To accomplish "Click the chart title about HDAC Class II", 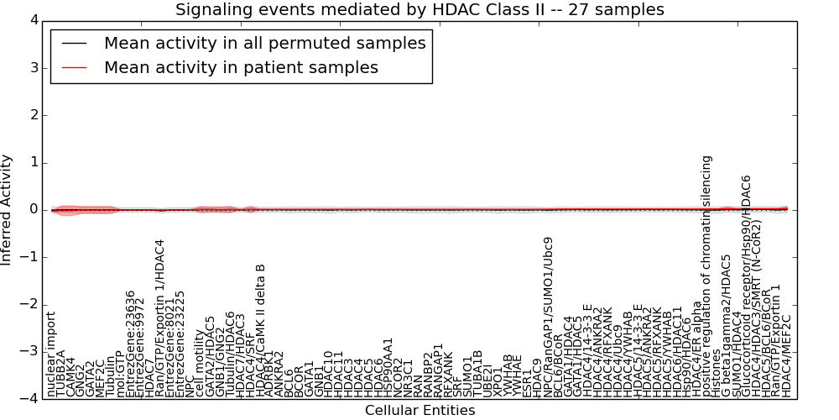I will coord(419,9).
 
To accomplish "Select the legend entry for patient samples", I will coord(241,67).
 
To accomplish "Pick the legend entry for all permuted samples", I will coord(264,43).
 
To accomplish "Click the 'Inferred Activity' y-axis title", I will coord(8,209).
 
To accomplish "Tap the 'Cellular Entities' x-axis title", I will coord(419,410).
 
